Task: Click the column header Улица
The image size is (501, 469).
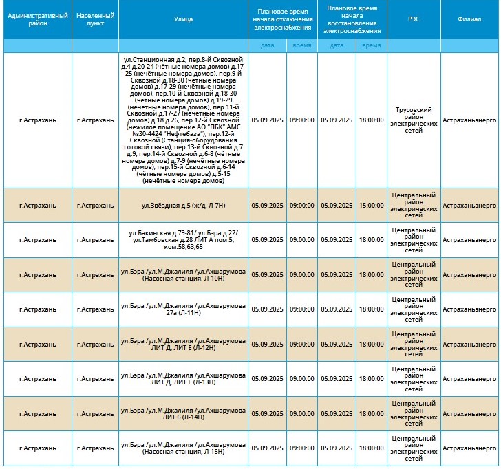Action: coord(183,20)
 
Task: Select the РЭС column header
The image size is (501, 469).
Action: coord(413,20)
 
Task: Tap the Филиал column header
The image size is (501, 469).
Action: coord(469,20)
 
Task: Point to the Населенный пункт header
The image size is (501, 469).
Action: coord(95,20)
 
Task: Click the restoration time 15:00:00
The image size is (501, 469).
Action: coord(371,205)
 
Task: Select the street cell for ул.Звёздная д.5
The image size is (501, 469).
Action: coord(183,205)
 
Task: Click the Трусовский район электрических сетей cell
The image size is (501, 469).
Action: coord(413,120)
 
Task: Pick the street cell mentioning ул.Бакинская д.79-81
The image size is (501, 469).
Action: coord(183,239)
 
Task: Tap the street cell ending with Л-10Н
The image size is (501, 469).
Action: coord(183,274)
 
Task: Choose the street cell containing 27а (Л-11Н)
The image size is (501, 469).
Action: coord(183,309)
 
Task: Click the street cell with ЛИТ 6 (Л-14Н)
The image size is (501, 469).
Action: coord(183,413)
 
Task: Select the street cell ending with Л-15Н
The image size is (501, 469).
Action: coord(183,448)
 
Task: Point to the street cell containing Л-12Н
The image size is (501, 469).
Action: coord(183,344)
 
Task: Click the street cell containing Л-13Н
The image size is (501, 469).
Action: coord(183,378)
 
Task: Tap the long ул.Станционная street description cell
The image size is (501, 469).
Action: coord(183,120)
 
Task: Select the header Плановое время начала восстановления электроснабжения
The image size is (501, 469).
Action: coord(354,20)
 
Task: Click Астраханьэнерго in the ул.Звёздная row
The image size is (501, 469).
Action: coord(469,205)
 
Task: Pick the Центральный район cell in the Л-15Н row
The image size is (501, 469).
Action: coord(413,448)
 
